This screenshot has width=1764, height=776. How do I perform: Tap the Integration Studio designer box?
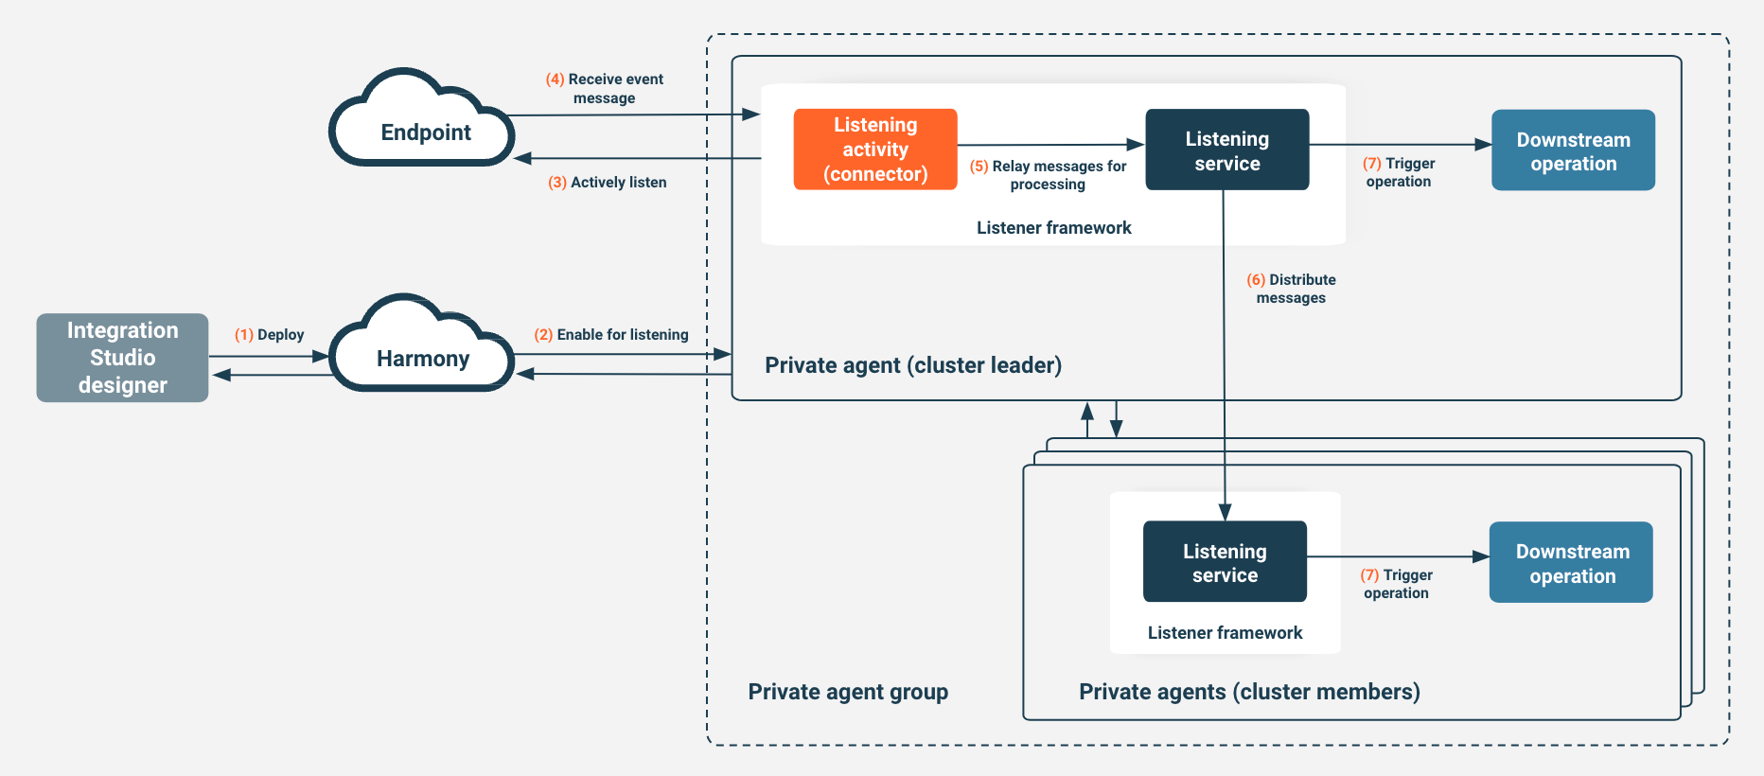[x=122, y=358]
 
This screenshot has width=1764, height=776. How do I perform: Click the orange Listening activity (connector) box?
[x=875, y=150]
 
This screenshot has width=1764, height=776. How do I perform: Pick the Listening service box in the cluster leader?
[x=1226, y=150]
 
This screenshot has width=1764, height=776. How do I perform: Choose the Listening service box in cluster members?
[x=1225, y=562]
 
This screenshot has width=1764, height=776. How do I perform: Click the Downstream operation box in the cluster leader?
[x=1573, y=150]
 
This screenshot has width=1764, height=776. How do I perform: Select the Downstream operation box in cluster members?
[x=1571, y=563]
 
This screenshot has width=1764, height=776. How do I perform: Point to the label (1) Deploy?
[x=270, y=335]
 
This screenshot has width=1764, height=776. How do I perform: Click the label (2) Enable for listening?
[x=611, y=335]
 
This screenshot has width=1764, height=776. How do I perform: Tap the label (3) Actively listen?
[x=608, y=183]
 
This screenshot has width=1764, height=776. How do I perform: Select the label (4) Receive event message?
[x=605, y=89]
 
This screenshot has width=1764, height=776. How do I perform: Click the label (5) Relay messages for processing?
[x=1049, y=175]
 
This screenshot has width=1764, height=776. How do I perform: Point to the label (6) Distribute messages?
[x=1292, y=289]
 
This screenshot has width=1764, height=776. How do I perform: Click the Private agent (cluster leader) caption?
[x=913, y=365]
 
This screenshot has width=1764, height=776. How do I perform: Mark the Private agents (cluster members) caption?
[x=1249, y=692]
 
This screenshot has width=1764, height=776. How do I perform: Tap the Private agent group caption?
[x=848, y=692]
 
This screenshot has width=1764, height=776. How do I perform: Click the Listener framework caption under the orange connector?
[x=1053, y=228]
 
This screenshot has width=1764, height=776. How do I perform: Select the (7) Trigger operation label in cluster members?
[x=1397, y=584]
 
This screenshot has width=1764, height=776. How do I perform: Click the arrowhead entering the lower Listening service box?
[x=1225, y=513]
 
